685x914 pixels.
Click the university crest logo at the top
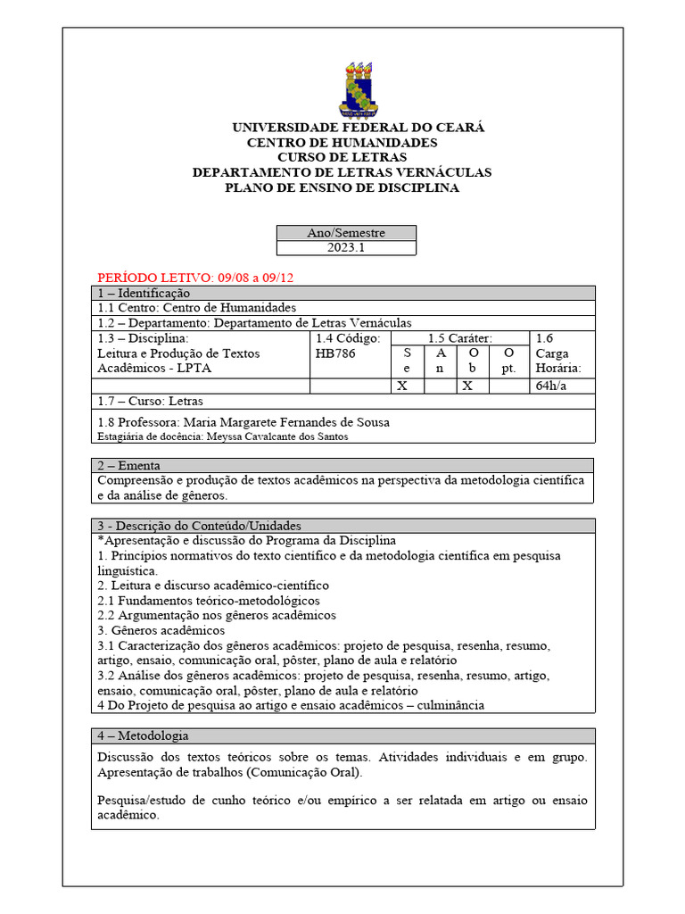tap(359, 90)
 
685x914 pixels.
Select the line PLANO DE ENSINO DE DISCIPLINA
tap(342, 187)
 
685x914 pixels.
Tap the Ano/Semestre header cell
tap(346, 233)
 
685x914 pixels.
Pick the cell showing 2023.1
tap(346, 248)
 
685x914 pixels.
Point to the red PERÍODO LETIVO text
tap(194, 278)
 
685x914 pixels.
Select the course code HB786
tap(335, 353)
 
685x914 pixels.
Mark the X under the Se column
tap(403, 386)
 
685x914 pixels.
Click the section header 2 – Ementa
tap(130, 465)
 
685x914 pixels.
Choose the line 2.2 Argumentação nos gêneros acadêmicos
tap(217, 615)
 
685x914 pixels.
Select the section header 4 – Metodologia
tap(143, 735)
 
